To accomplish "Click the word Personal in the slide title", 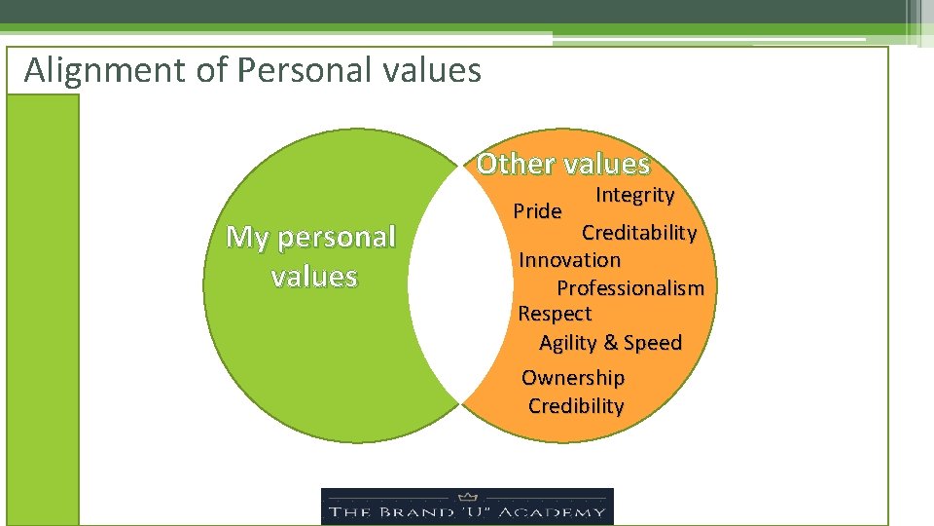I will (303, 70).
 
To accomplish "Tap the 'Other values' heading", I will (562, 164).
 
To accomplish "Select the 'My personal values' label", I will (311, 256).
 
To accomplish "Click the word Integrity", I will (634, 195).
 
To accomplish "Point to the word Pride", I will (537, 211).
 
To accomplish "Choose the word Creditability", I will (638, 233).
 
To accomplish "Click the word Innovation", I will (569, 260).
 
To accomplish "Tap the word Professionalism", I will (629, 288).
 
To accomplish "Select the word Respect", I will (555, 314).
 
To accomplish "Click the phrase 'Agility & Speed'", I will (610, 343).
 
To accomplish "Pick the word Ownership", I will (573, 378).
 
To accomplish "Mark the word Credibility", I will (576, 406).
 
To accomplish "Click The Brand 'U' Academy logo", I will (467, 507).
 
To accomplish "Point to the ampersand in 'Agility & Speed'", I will (610, 343).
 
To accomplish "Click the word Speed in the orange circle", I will (653, 343).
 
